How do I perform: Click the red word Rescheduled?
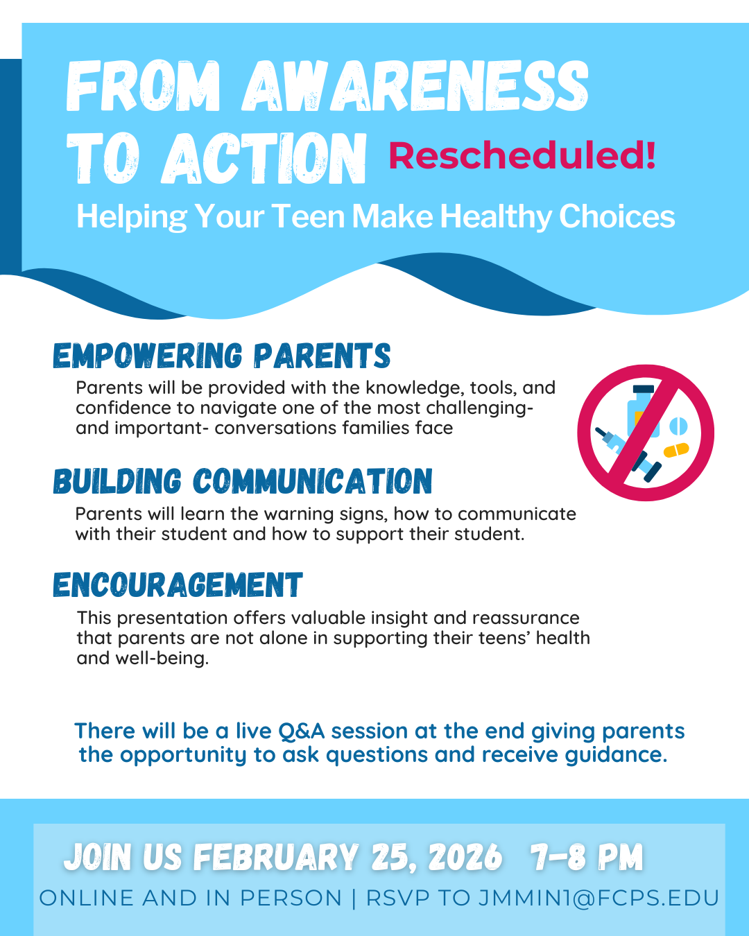pos(522,156)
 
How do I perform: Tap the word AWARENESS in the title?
pos(415,86)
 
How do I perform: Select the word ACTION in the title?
pos(264,158)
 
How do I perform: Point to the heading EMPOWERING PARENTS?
pos(222,356)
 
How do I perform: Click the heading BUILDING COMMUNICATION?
pos(243,481)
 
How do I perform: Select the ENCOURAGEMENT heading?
pos(178,584)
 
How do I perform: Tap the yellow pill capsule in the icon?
pos(676,450)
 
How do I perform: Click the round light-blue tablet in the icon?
pos(678,426)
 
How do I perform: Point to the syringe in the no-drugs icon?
pos(628,453)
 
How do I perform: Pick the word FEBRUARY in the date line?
pos(276,857)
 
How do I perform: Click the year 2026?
pos(465,857)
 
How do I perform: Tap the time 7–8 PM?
pos(586,857)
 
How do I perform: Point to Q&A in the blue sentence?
pos(302,731)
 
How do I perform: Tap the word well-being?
pos(162,659)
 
